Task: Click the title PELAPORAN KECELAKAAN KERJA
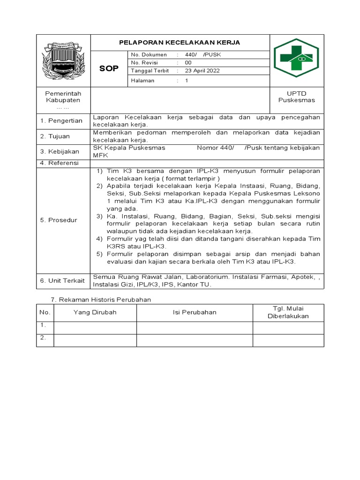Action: coord(180,43)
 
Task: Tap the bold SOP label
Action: coord(109,69)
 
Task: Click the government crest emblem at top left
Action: coord(63,60)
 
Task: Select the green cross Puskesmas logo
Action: coord(296,58)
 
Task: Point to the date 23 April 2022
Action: coord(202,71)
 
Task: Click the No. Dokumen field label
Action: coord(149,55)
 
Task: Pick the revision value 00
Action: coord(188,63)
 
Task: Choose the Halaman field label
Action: coord(143,81)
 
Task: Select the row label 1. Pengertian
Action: coord(61,121)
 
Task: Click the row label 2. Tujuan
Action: coord(55,136)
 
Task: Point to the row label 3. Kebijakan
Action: coord(60,152)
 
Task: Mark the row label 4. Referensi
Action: coord(60,163)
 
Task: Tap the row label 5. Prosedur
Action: coord(59,220)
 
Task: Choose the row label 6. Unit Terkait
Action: coord(63,280)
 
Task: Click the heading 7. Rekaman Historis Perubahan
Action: coord(100,300)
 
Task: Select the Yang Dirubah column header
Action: coord(95,312)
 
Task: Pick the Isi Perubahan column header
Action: coord(195,312)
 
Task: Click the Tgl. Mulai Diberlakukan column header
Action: coord(288,312)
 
